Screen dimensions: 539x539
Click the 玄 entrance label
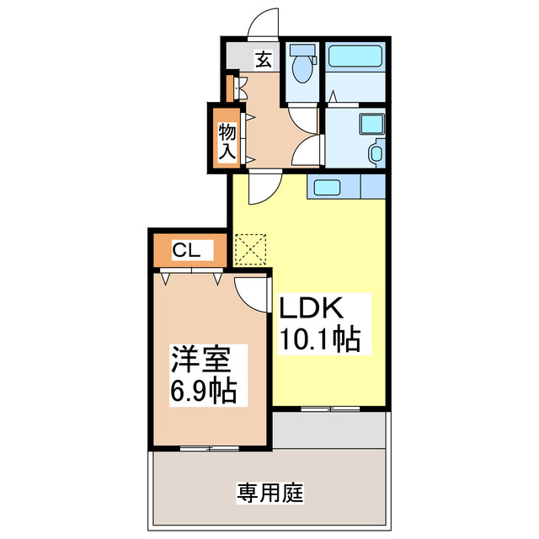(264, 60)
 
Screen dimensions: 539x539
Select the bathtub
(355, 57)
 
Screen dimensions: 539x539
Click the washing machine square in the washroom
(371, 124)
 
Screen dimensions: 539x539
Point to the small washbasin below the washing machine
(376, 152)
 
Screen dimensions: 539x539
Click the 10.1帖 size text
(320, 339)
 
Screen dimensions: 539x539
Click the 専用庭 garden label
(269, 491)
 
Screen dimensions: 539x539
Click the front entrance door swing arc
(264, 22)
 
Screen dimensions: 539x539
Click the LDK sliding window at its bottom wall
(329, 408)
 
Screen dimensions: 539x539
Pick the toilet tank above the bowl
(301, 50)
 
